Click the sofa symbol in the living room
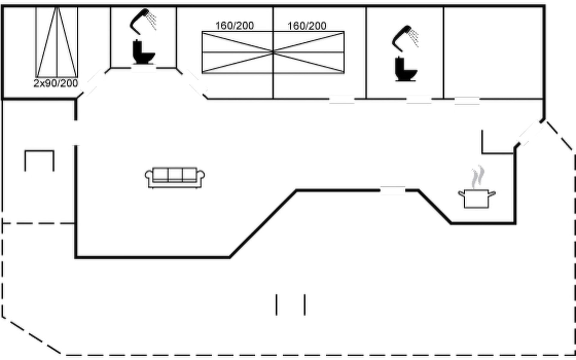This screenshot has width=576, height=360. (175, 178)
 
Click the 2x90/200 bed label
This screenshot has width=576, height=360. (56, 83)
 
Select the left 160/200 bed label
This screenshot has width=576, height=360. (235, 26)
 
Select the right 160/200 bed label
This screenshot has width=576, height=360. (307, 26)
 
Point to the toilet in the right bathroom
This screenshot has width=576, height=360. (406, 70)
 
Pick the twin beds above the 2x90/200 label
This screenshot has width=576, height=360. (57, 42)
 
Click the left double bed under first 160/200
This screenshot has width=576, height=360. (238, 52)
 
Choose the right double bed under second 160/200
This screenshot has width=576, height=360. (309, 52)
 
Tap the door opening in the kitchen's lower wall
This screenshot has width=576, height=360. (393, 190)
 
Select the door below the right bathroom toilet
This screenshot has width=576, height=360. (419, 99)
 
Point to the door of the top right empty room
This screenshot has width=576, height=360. (467, 100)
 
